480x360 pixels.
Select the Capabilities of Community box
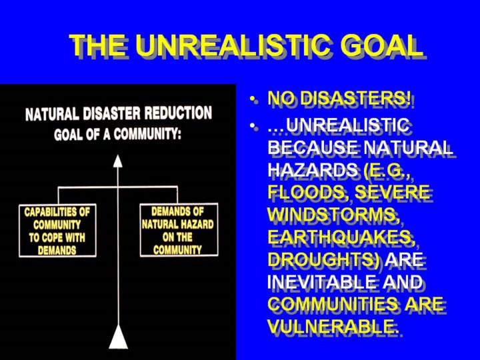point(57,231)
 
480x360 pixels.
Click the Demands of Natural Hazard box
point(179,229)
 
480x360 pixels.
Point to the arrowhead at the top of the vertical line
point(118,161)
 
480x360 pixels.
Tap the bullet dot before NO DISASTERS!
point(252,99)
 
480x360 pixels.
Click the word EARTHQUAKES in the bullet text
point(340,236)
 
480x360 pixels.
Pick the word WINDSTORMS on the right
point(333,214)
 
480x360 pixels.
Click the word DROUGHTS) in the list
point(324,259)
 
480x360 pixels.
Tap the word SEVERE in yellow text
point(392,192)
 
